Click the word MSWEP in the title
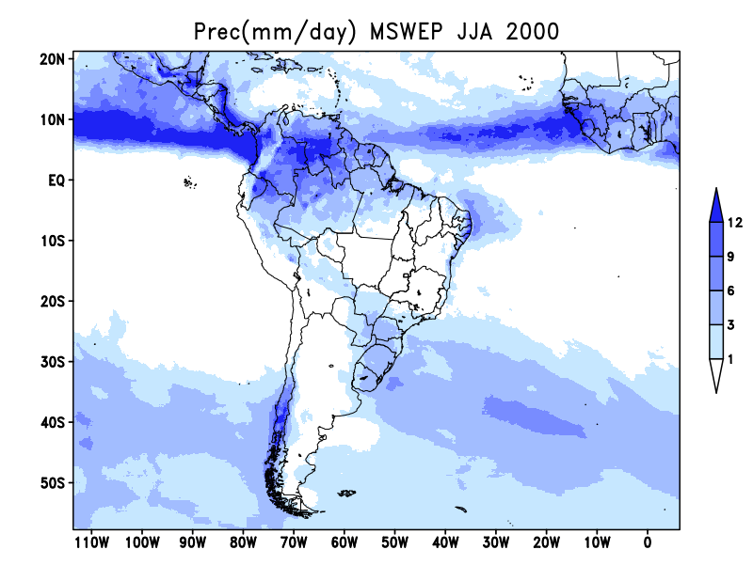coord(407,32)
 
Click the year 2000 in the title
coord(533,32)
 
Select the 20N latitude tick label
coord(52,59)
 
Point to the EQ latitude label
coord(56,181)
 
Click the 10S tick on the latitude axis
coord(53,241)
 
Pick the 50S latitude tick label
coord(53,482)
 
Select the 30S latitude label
coord(53,362)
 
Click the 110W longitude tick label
coord(92,542)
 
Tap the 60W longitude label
coord(344,542)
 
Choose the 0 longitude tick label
coord(648,542)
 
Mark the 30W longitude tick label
coord(496,542)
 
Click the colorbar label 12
coord(735,223)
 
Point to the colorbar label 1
coord(730,359)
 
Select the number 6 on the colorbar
coord(730,290)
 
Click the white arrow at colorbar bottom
coord(716,373)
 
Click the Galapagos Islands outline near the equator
coord(190,182)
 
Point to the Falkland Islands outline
coord(346,493)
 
